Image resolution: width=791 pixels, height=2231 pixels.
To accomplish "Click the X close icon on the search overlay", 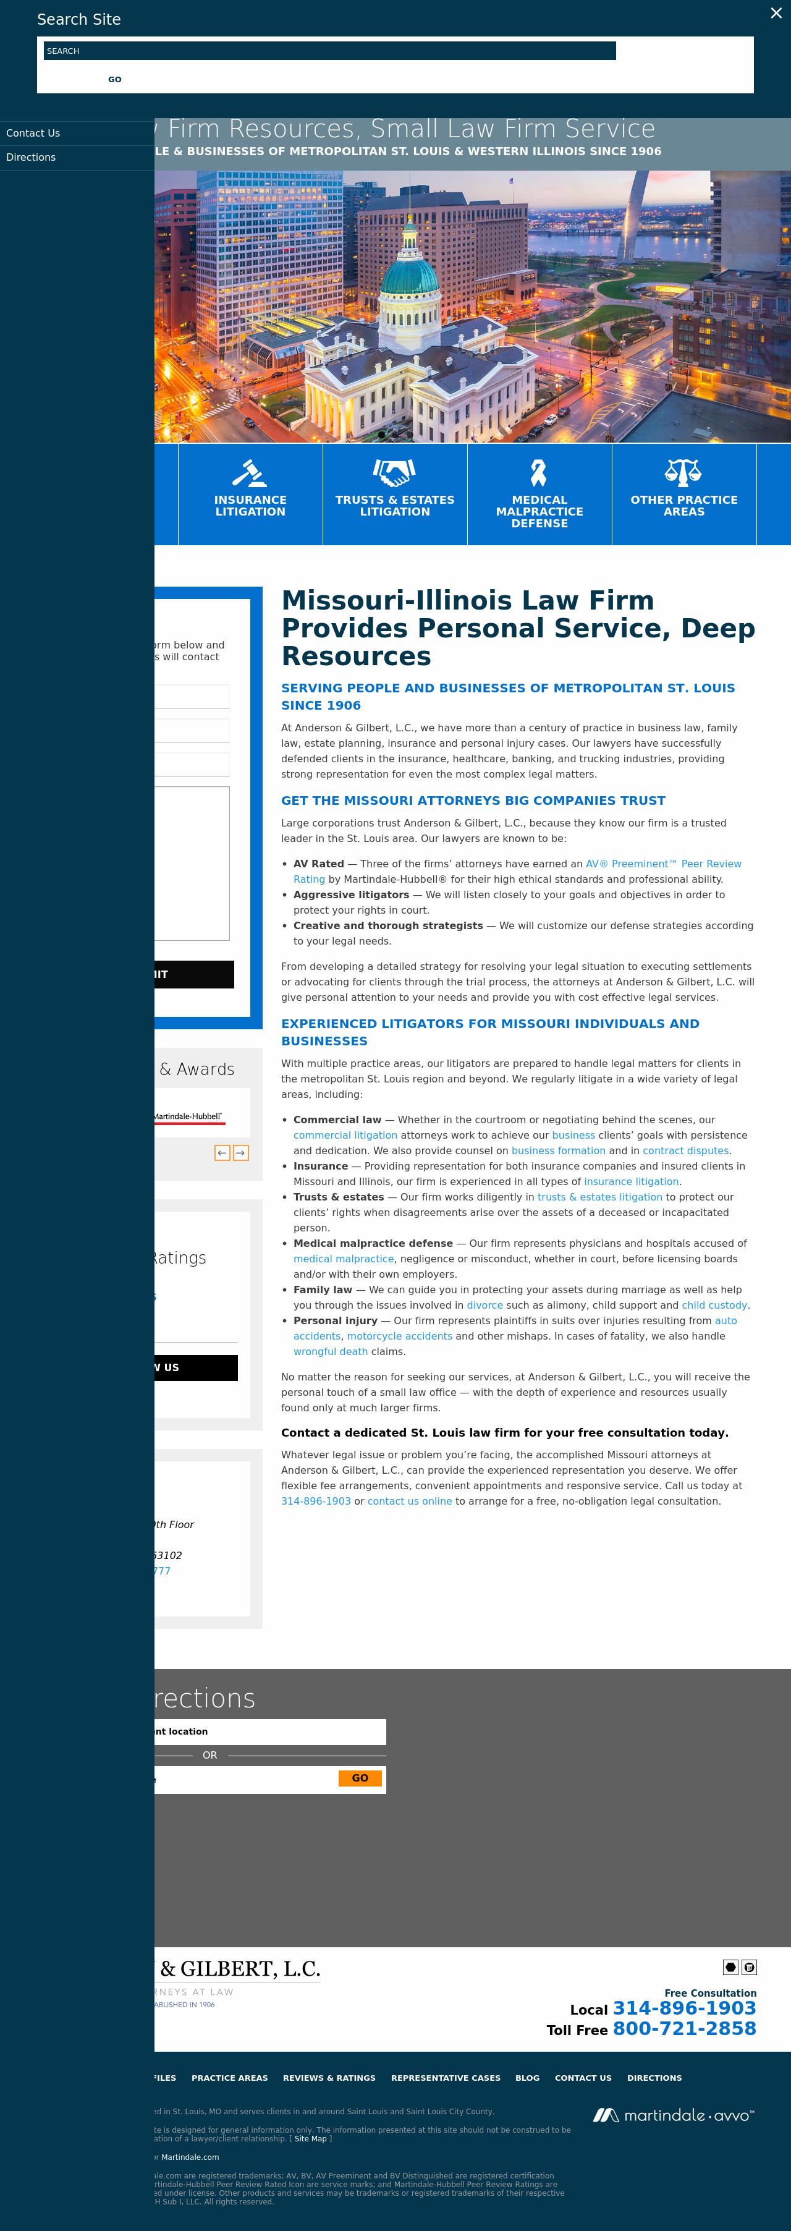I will pos(776,13).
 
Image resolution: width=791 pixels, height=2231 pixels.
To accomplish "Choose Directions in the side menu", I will pos(31,158).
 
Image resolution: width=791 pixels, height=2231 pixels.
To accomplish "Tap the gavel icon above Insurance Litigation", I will pos(250,473).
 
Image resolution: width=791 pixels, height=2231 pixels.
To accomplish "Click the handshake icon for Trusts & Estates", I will pos(395,472).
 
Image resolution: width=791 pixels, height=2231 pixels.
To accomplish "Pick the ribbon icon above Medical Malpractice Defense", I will pos(538,473).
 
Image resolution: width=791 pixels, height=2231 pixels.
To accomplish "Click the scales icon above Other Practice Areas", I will pos(683,472).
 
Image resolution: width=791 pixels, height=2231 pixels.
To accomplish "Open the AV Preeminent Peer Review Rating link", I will pos(663,864).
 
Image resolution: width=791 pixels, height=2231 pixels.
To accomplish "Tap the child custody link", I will pos(714,1305).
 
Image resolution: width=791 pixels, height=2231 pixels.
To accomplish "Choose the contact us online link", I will pos(409,1501).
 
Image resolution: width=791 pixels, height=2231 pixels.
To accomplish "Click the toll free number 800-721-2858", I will pos(683,2028).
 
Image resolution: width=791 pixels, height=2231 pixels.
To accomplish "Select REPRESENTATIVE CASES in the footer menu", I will pos(446,2078).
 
